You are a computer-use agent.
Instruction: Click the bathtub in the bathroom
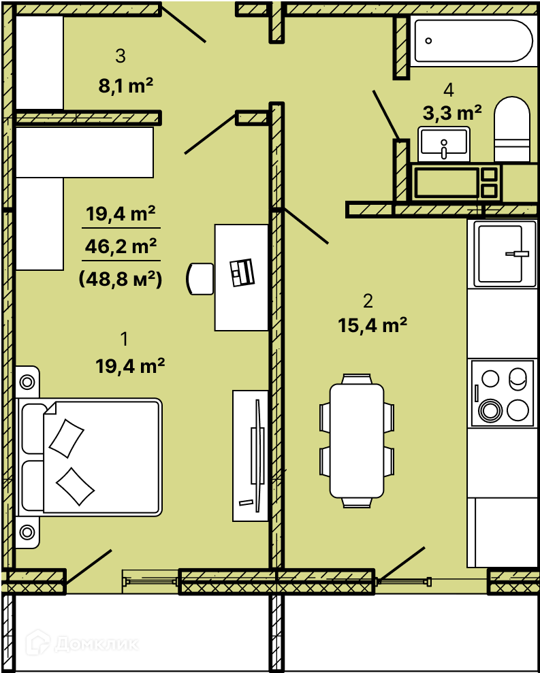(x=471, y=41)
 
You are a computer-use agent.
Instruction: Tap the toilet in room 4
(x=511, y=129)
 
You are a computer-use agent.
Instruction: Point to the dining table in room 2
(x=357, y=440)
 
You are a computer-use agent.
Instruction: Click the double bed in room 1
(x=89, y=457)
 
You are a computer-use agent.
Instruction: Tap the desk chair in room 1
(x=200, y=279)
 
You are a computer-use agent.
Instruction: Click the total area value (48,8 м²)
(x=121, y=280)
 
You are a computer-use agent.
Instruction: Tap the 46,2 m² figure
(x=121, y=247)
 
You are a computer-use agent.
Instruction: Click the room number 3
(x=121, y=56)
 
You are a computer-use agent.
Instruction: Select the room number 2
(x=368, y=301)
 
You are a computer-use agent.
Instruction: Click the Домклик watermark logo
(x=82, y=644)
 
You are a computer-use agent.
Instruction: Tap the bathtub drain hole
(x=428, y=41)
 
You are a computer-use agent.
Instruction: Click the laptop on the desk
(x=242, y=272)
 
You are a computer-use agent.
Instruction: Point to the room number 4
(x=449, y=90)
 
